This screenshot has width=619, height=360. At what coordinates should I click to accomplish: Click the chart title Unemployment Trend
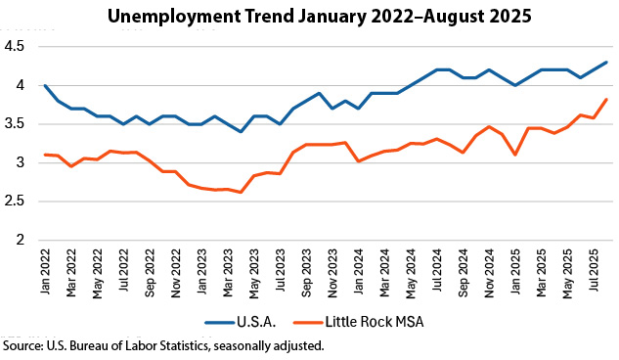[x=310, y=17]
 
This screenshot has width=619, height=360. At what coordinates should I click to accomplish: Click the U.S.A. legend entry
[x=254, y=321]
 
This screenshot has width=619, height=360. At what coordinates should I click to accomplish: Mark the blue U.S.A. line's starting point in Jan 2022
[x=45, y=85]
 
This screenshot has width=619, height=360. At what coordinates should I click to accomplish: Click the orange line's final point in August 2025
[x=606, y=100]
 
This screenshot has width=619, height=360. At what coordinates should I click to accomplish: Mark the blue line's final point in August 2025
[x=606, y=63]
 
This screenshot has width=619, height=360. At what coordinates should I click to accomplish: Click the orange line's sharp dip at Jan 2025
[x=514, y=155]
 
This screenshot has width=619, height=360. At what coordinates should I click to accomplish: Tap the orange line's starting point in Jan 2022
[x=45, y=155]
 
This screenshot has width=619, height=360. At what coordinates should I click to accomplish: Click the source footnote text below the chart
[x=162, y=346]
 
